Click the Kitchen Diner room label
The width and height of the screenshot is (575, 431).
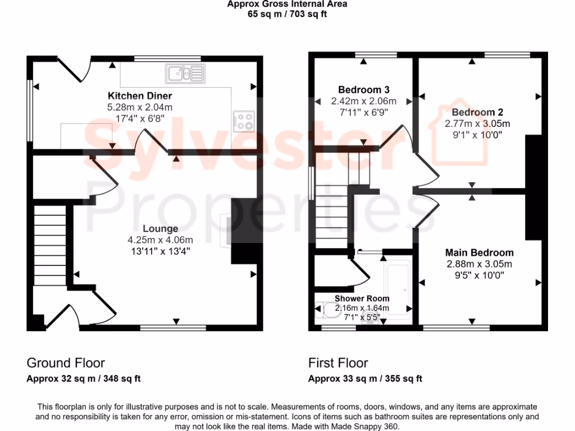(x=140, y=96)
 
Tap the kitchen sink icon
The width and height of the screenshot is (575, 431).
(x=184, y=73)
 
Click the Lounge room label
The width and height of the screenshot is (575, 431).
(x=160, y=228)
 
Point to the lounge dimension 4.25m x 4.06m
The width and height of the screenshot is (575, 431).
(x=160, y=240)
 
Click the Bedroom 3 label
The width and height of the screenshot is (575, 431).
(x=364, y=90)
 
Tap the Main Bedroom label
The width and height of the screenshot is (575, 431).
(x=480, y=253)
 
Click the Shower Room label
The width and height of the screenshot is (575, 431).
(x=362, y=299)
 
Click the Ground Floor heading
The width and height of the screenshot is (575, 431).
(x=66, y=363)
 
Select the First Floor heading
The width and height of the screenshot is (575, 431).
(x=338, y=363)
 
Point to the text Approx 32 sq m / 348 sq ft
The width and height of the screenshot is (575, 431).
(x=84, y=379)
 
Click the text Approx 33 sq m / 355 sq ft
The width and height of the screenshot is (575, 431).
(x=365, y=379)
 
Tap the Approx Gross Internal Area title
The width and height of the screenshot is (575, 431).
(x=287, y=4)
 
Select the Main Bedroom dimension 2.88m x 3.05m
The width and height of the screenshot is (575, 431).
(x=480, y=264)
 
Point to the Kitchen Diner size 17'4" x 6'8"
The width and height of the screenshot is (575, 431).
(x=140, y=118)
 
